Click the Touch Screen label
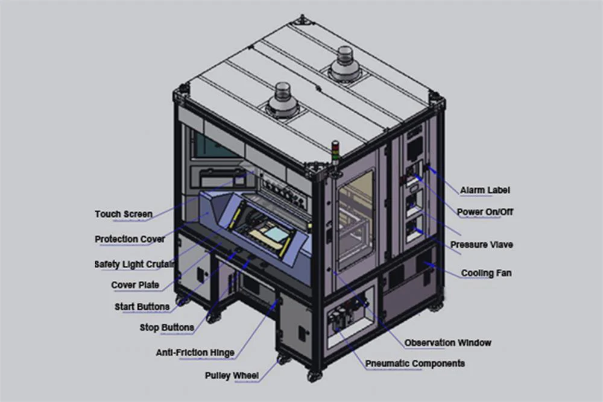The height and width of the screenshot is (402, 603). (124, 214)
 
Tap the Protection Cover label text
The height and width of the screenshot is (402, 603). (130, 239)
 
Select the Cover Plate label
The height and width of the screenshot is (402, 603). (135, 285)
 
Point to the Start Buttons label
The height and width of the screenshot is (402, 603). (142, 307)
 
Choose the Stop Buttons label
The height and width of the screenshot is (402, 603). (166, 327)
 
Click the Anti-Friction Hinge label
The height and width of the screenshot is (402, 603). (195, 353)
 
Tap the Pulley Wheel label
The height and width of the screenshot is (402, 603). (232, 375)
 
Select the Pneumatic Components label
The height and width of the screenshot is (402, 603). (415, 363)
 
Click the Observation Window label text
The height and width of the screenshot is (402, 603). (447, 342)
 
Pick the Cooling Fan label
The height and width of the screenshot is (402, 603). (486, 273)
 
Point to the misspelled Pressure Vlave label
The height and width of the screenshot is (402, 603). (481, 245)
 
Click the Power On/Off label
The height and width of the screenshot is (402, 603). (485, 212)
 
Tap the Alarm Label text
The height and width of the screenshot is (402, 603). (485, 190)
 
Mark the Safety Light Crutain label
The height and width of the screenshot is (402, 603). (134, 264)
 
